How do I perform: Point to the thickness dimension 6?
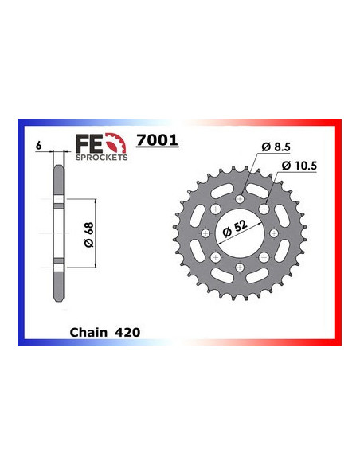(38, 146)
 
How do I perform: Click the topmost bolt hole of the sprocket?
(241, 197)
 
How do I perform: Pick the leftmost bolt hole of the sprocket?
(205, 232)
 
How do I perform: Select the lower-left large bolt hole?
(216, 257)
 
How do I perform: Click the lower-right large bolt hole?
(265, 257)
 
